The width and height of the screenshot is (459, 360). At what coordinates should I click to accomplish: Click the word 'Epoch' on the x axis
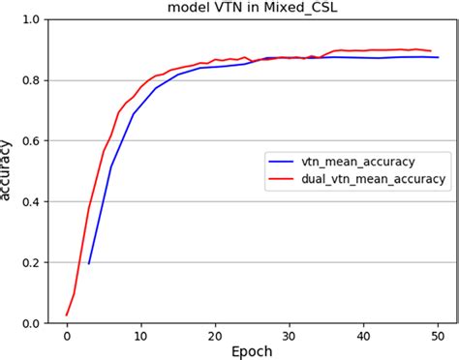252,350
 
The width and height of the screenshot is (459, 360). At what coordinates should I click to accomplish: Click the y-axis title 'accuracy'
9,171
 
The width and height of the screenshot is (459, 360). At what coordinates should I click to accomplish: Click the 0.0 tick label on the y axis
31,322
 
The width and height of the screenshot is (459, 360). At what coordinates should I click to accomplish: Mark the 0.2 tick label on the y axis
31,262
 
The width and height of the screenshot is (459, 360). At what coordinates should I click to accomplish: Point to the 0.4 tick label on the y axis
31,201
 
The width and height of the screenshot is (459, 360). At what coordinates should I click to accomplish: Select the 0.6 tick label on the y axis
31,141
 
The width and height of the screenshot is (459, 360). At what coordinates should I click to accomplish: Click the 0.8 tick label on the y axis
31,80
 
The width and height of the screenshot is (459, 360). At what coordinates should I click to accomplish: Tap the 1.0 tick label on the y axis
31,20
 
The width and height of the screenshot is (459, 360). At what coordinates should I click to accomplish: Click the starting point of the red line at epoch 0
67,315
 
